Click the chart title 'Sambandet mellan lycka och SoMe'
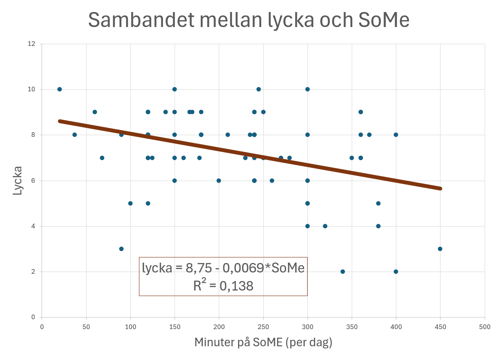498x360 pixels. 249,20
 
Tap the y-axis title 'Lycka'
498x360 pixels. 17,181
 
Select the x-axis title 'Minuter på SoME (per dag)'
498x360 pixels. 263,342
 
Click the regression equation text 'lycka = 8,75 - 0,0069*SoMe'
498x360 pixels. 223,268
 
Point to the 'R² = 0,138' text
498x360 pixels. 223,286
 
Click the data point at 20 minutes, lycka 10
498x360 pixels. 60,89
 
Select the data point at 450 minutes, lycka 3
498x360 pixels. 440,249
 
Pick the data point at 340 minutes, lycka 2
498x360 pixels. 343,272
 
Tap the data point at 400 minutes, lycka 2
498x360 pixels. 396,272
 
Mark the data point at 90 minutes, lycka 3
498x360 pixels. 121,249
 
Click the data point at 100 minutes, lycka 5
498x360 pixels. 130,203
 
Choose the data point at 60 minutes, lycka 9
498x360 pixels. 95,112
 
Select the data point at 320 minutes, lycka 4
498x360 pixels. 325,226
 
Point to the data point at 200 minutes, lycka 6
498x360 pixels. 219,181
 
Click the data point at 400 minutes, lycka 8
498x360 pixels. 396,135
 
